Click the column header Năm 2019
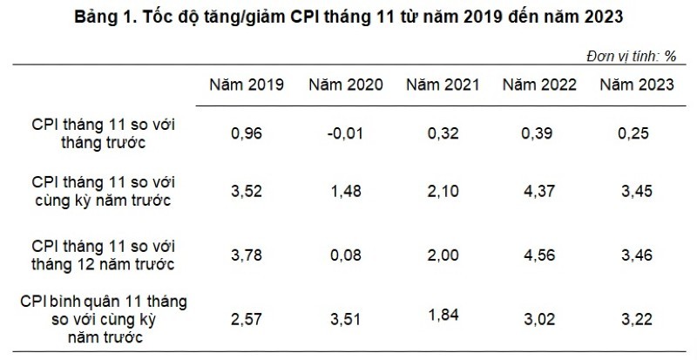(x=247, y=85)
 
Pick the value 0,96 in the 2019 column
(x=247, y=134)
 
